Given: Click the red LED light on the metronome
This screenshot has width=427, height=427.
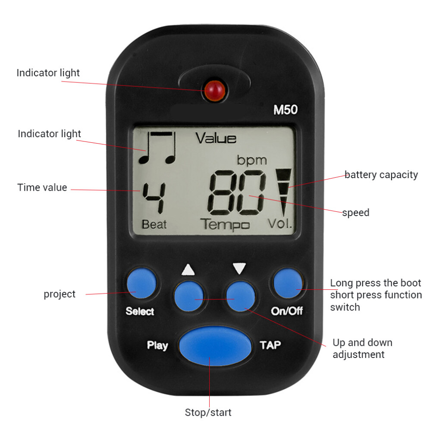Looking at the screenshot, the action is tap(215, 91).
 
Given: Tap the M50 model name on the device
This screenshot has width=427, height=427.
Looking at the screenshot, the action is tap(286, 110).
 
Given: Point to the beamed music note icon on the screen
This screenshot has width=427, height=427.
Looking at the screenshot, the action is tap(157, 148).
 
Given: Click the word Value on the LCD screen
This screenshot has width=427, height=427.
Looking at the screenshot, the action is tap(216, 138).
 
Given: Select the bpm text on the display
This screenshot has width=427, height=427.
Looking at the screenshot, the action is tap(252, 160).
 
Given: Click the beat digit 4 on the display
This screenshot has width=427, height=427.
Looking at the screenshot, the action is tap(154, 198).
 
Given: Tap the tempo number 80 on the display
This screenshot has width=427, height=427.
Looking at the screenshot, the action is tap(236, 192).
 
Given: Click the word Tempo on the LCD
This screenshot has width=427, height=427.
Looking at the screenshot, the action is tap(225, 225).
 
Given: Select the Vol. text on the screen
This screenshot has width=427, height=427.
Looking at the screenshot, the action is tap(279, 223).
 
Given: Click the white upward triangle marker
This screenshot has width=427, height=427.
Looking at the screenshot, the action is tap(188, 269).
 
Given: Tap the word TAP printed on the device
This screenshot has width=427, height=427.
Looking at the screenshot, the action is tap(270, 345).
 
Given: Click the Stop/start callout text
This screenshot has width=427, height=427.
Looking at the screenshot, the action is tap(208, 412).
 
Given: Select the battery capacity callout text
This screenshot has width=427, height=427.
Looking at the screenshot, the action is tap(381, 175).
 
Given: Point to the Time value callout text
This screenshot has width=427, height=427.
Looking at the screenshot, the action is tap(42, 187).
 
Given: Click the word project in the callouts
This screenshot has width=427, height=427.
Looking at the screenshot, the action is tap(60, 295).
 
